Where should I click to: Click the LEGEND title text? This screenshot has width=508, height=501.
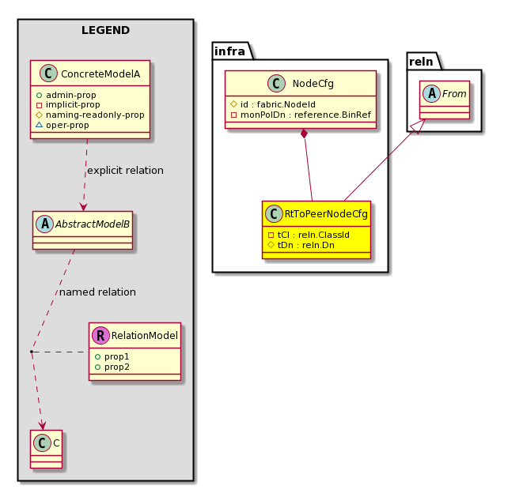pyautogui.click(x=105, y=30)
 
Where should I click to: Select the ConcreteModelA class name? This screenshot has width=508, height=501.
pyautogui.click(x=100, y=74)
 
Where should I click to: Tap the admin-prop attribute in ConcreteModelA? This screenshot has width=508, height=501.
pyautogui.click(x=71, y=95)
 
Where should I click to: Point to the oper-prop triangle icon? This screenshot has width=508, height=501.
pyautogui.click(x=40, y=125)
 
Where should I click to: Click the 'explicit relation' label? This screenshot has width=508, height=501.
pyautogui.click(x=125, y=170)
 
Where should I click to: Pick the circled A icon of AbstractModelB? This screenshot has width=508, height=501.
pyautogui.click(x=45, y=224)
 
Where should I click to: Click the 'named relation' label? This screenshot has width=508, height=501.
pyautogui.click(x=97, y=292)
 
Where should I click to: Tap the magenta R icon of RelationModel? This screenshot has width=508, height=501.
pyautogui.click(x=100, y=335)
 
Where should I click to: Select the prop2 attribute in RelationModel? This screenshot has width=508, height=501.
pyautogui.click(x=116, y=367)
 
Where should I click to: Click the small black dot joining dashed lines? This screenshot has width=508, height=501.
pyautogui.click(x=32, y=352)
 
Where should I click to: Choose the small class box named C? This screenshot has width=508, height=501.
pyautogui.click(x=47, y=449)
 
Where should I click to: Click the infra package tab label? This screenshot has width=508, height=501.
pyautogui.click(x=229, y=51)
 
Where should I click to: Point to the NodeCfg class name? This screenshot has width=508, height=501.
pyautogui.click(x=313, y=84)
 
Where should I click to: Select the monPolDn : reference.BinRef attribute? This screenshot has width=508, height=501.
pyautogui.click(x=305, y=115)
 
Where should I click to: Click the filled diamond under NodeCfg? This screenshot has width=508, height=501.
pyautogui.click(x=304, y=134)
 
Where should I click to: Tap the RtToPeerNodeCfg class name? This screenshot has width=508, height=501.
pyautogui.click(x=326, y=214)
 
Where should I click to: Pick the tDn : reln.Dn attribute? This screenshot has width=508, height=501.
pyautogui.click(x=306, y=245)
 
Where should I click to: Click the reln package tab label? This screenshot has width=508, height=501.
pyautogui.click(x=421, y=62)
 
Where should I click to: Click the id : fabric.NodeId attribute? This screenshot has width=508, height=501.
pyautogui.click(x=278, y=104)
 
